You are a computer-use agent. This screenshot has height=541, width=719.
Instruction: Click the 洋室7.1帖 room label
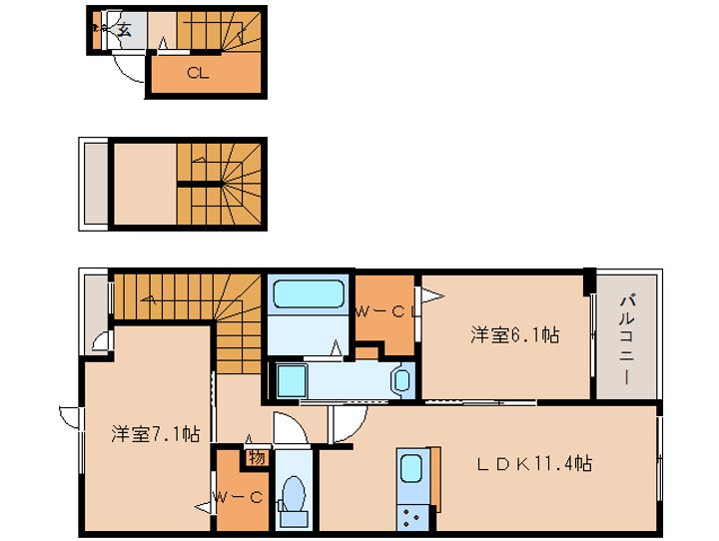[x=155, y=434]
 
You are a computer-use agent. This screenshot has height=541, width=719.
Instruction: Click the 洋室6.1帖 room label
[x=514, y=335]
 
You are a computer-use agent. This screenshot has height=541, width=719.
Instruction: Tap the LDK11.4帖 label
[x=533, y=464]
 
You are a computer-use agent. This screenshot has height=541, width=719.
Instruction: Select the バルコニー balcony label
[x=627, y=339]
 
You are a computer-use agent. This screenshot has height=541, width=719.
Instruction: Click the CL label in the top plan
[x=197, y=72]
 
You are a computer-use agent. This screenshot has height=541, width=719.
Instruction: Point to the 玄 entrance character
[x=125, y=30]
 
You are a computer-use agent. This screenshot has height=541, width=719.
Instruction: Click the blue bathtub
[x=308, y=296]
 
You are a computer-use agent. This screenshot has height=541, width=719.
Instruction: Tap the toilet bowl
[x=294, y=494]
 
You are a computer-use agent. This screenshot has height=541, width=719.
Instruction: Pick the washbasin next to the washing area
[x=400, y=379]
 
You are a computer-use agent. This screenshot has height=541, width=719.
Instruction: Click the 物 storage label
[x=256, y=458]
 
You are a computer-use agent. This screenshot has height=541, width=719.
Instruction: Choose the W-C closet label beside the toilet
[x=237, y=496]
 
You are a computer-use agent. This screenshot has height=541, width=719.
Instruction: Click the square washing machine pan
[x=292, y=380]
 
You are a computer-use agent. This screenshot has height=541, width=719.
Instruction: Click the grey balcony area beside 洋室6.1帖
[x=627, y=339]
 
